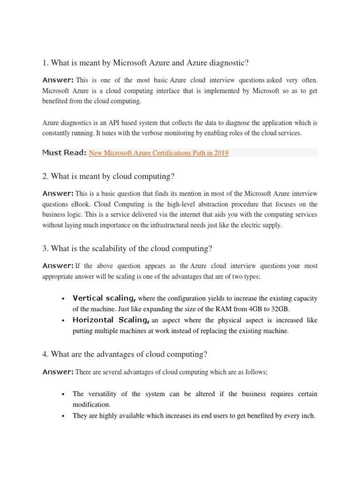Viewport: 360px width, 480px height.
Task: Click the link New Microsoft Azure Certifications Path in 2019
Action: click(158, 153)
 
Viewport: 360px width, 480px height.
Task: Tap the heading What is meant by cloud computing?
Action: click(108, 176)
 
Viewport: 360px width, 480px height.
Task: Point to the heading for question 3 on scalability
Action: click(127, 248)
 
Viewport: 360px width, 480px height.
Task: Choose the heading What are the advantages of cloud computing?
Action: click(125, 354)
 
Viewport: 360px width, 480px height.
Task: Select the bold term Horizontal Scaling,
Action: click(111, 320)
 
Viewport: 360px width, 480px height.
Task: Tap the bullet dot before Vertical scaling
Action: click(63, 299)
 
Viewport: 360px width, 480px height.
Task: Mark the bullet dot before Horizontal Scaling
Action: click(63, 321)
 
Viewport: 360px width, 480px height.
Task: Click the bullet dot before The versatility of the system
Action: click(63, 394)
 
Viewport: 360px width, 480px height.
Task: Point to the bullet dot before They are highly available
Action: click(63, 416)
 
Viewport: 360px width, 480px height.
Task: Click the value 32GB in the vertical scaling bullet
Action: click(280, 309)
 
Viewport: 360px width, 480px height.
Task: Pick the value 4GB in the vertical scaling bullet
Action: click(250, 309)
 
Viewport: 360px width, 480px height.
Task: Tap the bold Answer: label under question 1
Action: click(58, 80)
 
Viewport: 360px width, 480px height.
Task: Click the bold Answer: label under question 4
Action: click(58, 372)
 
